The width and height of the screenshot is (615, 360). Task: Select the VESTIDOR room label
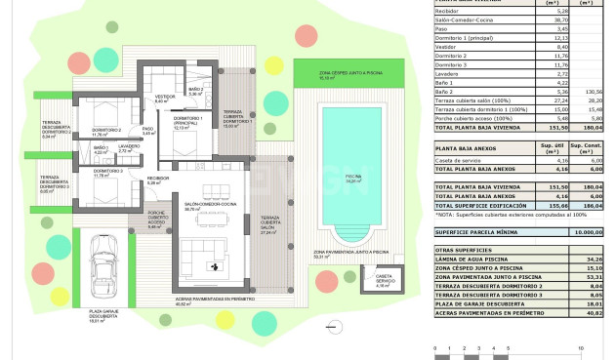(x=164, y=99)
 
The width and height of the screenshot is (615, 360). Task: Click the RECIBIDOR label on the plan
(x=158, y=180)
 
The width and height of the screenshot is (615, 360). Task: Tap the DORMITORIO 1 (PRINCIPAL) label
(x=187, y=122)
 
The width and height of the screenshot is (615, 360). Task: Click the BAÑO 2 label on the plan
(x=194, y=91)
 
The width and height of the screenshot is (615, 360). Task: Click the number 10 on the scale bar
(x=581, y=346)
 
